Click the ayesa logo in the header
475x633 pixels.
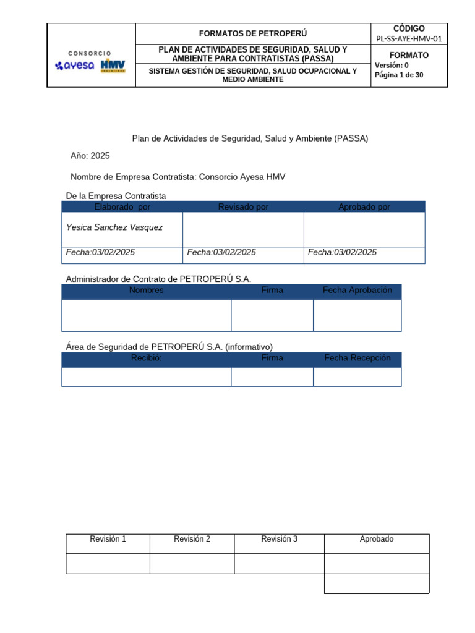pos(75,66)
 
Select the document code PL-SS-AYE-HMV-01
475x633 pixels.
pos(409,39)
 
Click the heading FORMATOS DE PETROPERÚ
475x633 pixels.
pos(252,33)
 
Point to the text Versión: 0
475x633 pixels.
pos(392,65)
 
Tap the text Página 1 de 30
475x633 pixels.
pos(399,75)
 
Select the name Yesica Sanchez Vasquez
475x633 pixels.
pos(114,227)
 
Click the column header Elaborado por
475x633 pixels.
pos(122,207)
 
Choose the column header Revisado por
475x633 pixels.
pos(243,207)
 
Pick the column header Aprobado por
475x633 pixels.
pos(364,207)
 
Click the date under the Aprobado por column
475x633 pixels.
pos(342,252)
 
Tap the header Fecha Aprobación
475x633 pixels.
pos(357,291)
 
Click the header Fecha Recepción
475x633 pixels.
pos(357,359)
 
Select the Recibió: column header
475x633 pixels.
pos(146,359)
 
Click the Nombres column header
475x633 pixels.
pos(146,291)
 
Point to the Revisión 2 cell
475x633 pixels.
pos(192,539)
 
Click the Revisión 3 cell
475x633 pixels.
pos(279,539)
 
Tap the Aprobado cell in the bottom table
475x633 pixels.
pos(376,539)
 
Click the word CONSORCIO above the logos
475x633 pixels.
pos(90,53)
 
